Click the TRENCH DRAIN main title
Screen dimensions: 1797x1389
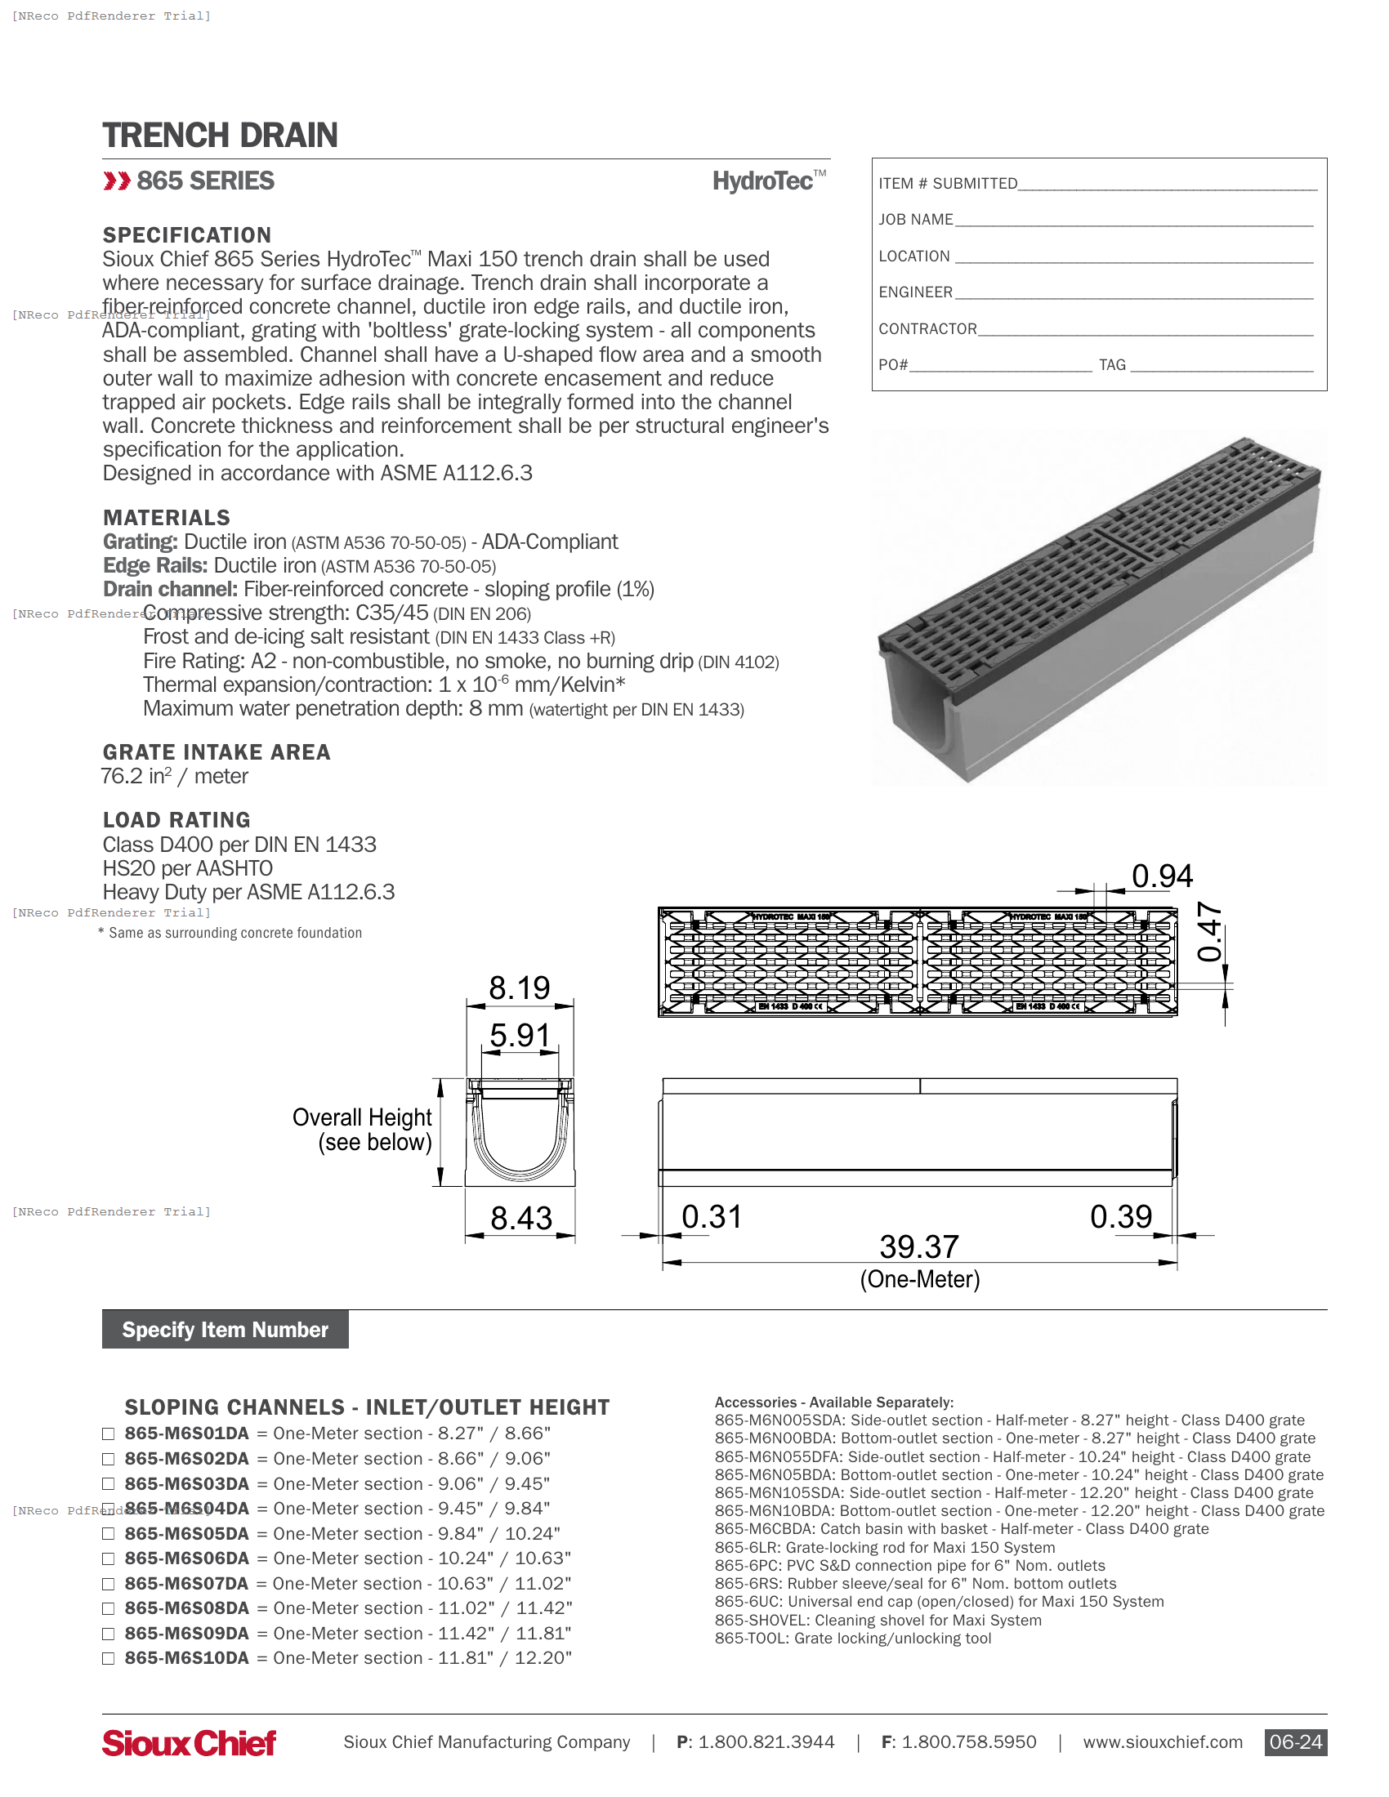(x=220, y=136)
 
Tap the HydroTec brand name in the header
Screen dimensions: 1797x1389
(x=763, y=181)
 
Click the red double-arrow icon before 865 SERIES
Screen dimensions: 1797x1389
(x=116, y=181)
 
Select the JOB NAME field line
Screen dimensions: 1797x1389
(x=1133, y=221)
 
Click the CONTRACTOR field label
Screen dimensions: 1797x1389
(x=927, y=329)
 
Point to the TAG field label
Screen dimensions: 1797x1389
(x=1112, y=365)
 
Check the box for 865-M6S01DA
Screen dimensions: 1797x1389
(x=108, y=1434)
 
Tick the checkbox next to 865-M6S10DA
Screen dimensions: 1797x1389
(x=108, y=1659)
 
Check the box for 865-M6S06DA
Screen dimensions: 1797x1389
(x=108, y=1559)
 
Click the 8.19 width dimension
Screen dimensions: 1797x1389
(x=519, y=988)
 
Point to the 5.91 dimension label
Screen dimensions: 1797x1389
(x=519, y=1036)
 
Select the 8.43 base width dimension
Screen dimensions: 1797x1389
(x=521, y=1219)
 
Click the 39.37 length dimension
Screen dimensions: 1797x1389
(x=919, y=1247)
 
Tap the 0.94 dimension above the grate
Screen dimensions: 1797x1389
(x=1162, y=876)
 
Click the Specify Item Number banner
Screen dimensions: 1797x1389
(x=225, y=1330)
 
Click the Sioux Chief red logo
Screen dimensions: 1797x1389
(x=190, y=1743)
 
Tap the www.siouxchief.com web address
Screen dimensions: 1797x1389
(x=1162, y=1743)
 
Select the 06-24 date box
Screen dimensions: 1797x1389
(x=1295, y=1743)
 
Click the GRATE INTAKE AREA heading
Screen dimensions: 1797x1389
(x=217, y=753)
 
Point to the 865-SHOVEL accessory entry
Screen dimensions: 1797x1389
(x=878, y=1621)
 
